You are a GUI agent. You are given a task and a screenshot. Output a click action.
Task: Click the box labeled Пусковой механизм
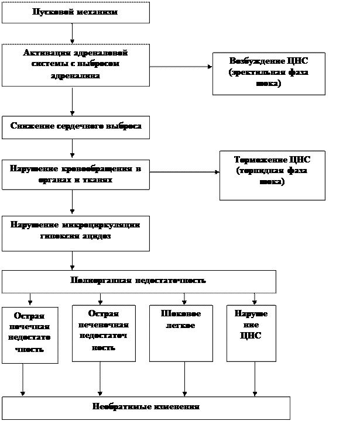pos(76,12)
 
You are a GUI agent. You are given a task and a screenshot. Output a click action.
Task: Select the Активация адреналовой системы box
pos(76,64)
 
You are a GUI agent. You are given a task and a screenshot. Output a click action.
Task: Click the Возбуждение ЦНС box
pos(269,73)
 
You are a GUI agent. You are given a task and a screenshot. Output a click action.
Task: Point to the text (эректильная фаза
pos(269,73)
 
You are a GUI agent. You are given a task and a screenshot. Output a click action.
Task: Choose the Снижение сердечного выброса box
pos(76,127)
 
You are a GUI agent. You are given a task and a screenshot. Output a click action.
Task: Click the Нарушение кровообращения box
pos(76,174)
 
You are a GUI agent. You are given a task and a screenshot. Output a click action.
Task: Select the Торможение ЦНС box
pos(272,175)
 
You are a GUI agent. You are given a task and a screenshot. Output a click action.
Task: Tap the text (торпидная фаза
pos(272,170)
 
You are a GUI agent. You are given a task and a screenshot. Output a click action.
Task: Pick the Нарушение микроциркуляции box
pos(76,233)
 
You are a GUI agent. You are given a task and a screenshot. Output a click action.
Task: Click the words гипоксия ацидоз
pos(76,237)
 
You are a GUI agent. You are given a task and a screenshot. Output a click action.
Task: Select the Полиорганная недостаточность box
pos(139,281)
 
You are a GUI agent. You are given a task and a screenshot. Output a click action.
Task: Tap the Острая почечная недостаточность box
pos(30,334)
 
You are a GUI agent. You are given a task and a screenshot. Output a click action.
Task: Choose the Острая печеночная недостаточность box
pos(104,333)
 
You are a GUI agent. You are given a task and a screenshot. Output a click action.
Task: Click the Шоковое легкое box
pos(181,333)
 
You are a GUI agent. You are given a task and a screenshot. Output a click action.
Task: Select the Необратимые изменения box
pos(146,408)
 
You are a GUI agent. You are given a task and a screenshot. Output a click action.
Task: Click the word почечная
pos(29,326)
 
